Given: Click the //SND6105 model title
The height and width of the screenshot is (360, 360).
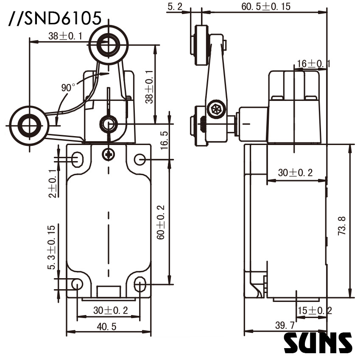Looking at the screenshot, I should click(54, 18).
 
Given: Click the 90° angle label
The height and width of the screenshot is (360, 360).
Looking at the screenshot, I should click(68, 88).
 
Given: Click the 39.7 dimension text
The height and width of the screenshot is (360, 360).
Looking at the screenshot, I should click(285, 325).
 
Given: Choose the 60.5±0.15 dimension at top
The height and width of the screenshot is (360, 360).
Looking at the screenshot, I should click(265, 6).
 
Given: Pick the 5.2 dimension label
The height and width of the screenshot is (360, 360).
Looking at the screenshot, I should click(175, 6).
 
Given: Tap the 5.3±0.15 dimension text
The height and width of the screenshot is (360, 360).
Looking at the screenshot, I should click(52, 247).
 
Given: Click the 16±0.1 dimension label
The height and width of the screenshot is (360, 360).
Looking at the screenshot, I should click(313, 64).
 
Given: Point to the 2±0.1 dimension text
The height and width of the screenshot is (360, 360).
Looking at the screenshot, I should click(52, 183).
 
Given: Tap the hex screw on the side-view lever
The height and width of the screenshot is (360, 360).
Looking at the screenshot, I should click(215, 110).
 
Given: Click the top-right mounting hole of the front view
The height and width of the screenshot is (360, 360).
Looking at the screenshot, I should click(140, 159).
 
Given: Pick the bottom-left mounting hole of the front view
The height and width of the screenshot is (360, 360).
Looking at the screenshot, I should click(77, 284).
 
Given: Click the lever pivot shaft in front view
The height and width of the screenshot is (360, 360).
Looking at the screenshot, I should click(108, 124).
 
